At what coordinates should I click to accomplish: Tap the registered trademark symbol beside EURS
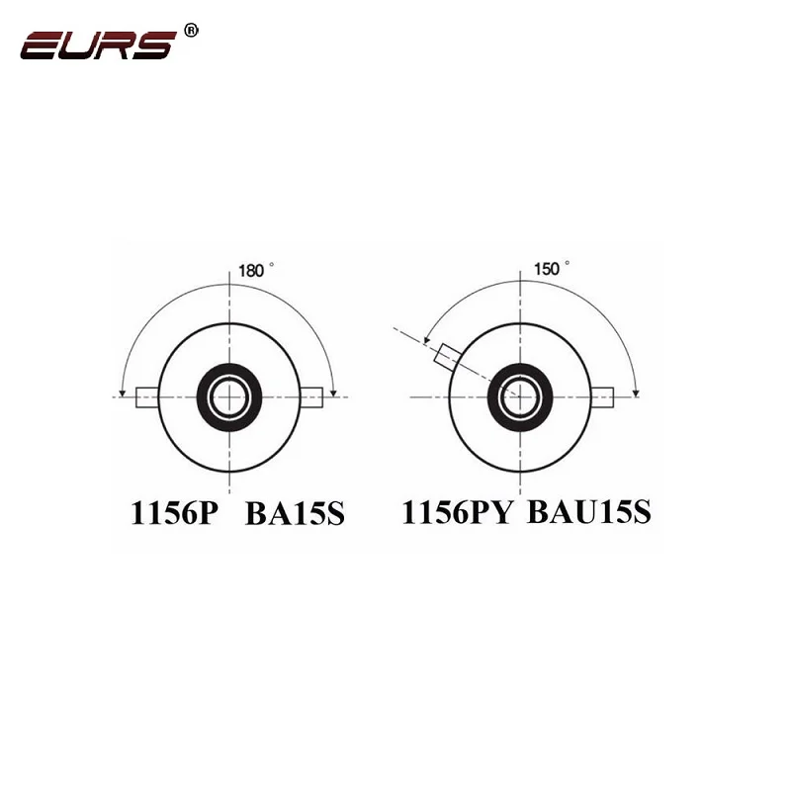[x=192, y=31]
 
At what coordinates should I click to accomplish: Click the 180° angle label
[x=256, y=270]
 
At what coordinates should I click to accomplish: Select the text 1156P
[x=172, y=515]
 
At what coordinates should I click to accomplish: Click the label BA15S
[x=294, y=515]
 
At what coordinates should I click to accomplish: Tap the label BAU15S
[x=589, y=514]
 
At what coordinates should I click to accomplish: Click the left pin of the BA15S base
[x=147, y=397]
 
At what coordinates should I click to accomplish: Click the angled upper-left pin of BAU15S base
[x=451, y=357]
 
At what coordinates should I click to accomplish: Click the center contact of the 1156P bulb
[x=229, y=397]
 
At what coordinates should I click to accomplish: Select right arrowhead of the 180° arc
[x=335, y=393]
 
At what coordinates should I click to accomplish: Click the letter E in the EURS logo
[x=44, y=44]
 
